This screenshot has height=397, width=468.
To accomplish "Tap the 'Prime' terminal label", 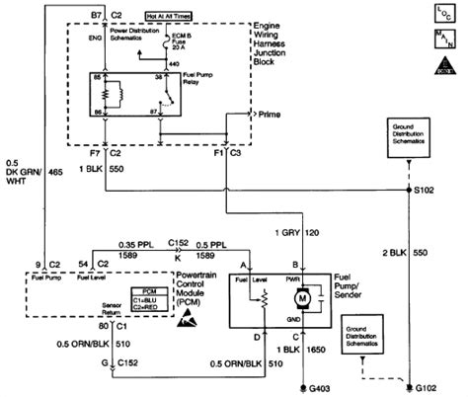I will tap(273, 115).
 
